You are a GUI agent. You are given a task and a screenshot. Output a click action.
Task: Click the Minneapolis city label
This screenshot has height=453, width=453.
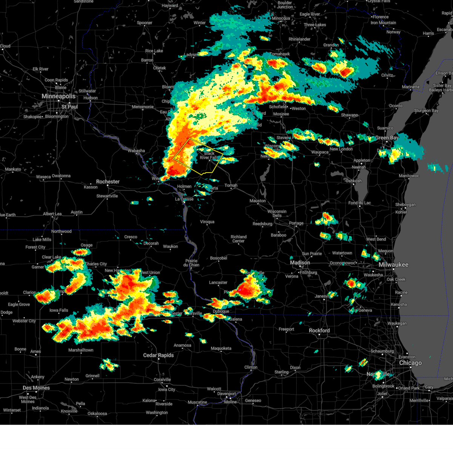point(59,96)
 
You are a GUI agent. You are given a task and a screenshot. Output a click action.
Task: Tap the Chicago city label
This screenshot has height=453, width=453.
point(410,363)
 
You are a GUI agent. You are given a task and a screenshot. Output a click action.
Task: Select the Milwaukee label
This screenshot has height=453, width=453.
point(393,265)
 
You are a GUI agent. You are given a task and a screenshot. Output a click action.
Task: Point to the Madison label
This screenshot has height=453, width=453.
point(300,262)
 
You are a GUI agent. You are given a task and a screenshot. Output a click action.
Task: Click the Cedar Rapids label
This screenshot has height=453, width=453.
point(158,355)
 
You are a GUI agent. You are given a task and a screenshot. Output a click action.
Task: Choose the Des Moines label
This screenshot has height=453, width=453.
point(36,388)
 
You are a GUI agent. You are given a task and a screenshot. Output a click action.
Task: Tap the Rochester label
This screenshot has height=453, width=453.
point(108,182)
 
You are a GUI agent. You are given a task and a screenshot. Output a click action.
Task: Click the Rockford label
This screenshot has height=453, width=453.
point(319,330)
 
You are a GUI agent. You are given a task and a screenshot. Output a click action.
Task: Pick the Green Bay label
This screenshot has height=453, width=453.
point(387,138)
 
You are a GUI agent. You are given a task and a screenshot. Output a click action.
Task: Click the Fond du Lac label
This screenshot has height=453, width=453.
point(359,203)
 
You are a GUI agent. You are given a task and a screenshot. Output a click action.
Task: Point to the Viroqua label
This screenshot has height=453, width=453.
point(207,222)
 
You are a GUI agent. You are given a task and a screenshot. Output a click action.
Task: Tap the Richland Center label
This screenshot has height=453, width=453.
point(239,239)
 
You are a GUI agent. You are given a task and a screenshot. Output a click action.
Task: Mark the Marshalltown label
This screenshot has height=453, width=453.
point(81,350)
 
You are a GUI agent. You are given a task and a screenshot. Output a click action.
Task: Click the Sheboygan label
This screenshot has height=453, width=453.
point(405,205)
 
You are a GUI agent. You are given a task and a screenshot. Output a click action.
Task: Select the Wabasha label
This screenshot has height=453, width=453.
point(136,151)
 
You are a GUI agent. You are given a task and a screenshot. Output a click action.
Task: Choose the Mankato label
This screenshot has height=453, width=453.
point(13,169)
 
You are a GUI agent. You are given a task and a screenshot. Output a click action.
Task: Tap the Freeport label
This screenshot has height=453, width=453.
point(286,329)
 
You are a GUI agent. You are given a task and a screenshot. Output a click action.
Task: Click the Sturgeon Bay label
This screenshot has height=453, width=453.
point(426,111)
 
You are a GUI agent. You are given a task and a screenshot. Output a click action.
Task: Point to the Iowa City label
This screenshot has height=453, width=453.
point(166,390)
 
